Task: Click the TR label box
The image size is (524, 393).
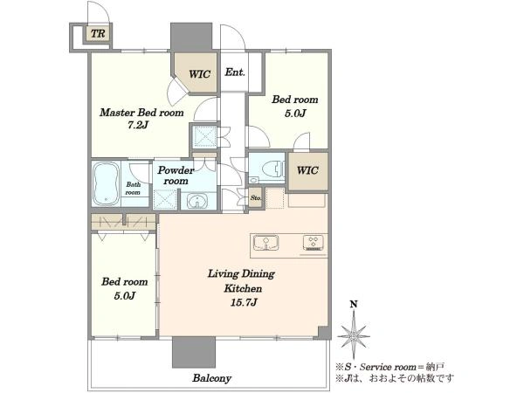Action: click(98, 34)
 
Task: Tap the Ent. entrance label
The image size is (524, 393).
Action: click(235, 72)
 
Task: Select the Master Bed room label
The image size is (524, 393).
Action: click(141, 113)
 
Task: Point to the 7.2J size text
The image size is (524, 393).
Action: click(138, 125)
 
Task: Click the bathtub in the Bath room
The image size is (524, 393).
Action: click(106, 183)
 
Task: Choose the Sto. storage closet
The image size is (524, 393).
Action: click(256, 198)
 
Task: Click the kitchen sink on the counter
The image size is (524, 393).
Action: click(266, 243)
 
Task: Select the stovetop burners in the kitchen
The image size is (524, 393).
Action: click(314, 243)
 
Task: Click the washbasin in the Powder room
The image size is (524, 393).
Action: click(197, 202)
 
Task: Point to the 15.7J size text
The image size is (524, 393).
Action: click(244, 303)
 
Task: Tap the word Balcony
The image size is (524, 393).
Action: click(211, 378)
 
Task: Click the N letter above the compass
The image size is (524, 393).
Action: click(354, 305)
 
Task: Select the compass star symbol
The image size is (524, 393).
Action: click(354, 334)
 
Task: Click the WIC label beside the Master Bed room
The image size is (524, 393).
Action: click(199, 74)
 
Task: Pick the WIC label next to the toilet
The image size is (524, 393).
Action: click(307, 170)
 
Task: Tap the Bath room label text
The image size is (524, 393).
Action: click(133, 189)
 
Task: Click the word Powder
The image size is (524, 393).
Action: click(176, 170)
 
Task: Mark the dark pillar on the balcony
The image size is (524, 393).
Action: click(194, 352)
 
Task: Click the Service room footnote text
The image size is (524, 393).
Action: click(395, 367)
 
